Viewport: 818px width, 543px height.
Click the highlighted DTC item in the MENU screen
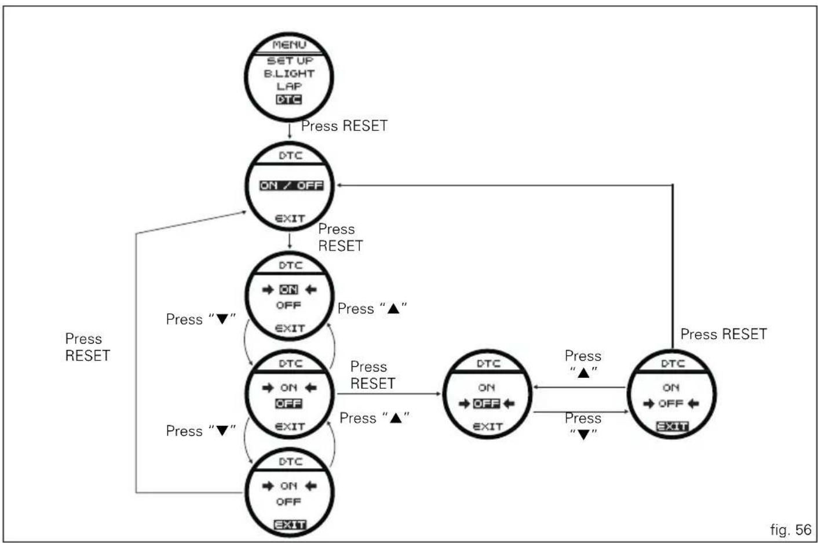point(289,100)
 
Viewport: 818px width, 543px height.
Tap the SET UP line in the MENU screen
point(290,61)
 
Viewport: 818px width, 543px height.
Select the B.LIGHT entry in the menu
point(289,74)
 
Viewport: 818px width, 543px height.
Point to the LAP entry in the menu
point(289,86)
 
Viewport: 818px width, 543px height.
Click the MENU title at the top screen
point(289,45)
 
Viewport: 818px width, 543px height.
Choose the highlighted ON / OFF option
point(291,185)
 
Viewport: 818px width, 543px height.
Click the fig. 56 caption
point(791,530)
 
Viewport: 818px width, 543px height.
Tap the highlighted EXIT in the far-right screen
point(672,426)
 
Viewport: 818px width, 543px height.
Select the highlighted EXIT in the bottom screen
point(290,524)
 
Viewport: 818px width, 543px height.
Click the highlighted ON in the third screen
point(289,289)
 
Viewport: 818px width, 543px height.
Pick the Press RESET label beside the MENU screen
point(344,126)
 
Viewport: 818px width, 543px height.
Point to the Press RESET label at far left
point(87,347)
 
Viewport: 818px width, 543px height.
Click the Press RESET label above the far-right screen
point(724,334)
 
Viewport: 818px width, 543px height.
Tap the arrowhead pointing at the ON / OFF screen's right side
point(339,185)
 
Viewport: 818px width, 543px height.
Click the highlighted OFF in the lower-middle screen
point(289,403)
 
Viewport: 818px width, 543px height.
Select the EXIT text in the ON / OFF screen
point(290,218)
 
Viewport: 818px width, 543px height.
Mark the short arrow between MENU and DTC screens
point(289,131)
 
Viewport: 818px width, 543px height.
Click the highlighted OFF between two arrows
point(487,403)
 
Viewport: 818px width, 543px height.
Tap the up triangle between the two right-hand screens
point(583,373)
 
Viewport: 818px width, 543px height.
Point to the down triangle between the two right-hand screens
point(583,435)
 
